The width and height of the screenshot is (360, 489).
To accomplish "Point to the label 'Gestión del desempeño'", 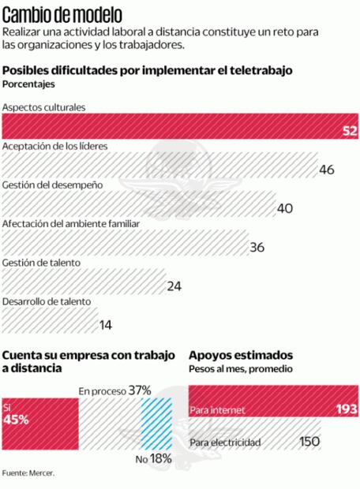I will (53, 184).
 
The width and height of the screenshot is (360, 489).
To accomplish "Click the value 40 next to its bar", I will (286, 208).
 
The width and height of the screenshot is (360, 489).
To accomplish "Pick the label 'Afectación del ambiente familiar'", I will (72, 223).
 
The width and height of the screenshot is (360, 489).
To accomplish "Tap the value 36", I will (257, 247).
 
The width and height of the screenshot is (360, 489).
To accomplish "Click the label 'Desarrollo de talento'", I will (47, 301).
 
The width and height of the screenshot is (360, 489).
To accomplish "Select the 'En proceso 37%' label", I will (114, 390).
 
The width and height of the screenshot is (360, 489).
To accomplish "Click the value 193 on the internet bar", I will (344, 409).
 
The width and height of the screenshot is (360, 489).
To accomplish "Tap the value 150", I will (309, 442).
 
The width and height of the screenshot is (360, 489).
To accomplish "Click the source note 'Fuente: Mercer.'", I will (28, 473).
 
